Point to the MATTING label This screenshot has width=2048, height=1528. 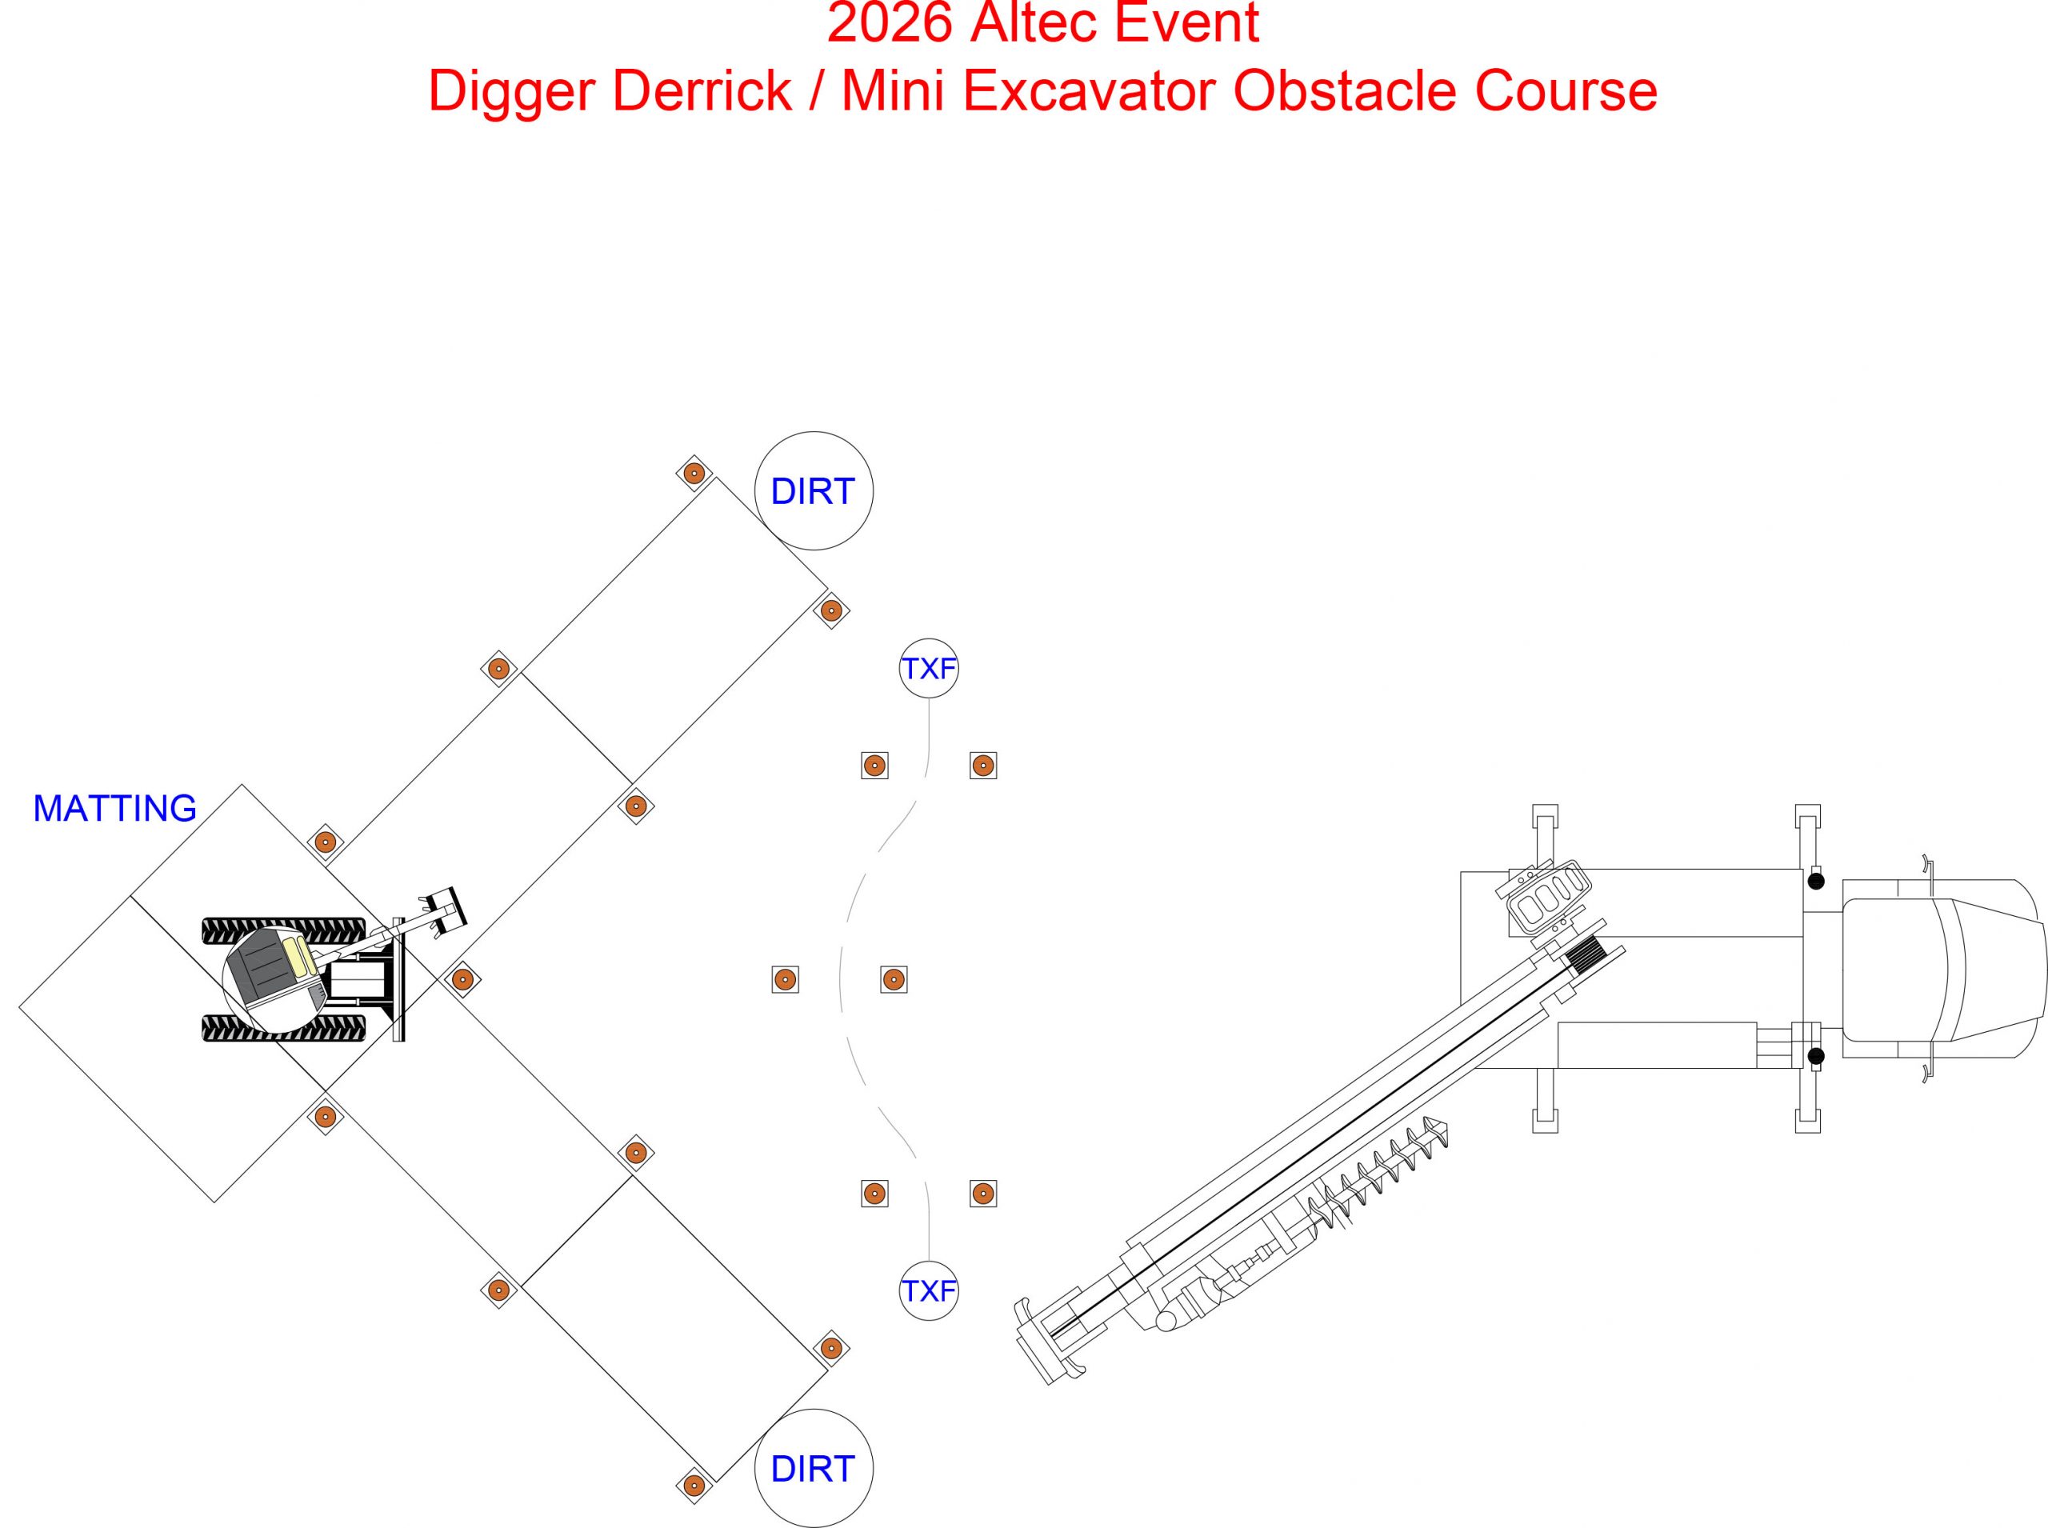tap(114, 808)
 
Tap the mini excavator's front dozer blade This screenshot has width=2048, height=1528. tap(398, 979)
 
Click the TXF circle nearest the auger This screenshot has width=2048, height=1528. tap(928, 1290)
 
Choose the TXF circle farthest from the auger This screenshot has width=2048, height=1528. tap(928, 668)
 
